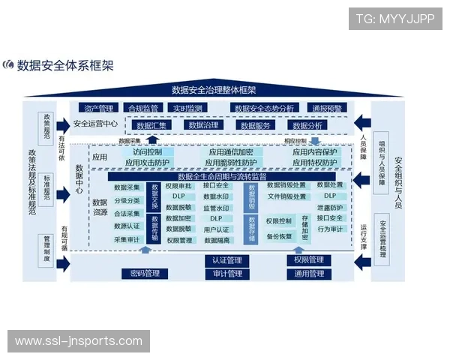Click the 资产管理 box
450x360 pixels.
tap(98, 108)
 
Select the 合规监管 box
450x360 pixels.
tap(142, 108)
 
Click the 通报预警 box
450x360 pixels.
tap(327, 108)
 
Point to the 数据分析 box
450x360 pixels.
tap(307, 125)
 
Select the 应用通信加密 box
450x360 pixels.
tap(231, 152)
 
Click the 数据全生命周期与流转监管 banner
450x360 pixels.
tap(222, 175)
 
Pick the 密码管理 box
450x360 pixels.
tap(144, 273)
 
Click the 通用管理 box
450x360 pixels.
tap(307, 274)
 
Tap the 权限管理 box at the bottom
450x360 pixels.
tap(307, 260)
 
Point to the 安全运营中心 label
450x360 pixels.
tap(96, 124)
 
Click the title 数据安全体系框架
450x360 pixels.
tap(64, 65)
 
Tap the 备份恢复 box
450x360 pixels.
tap(278, 236)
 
